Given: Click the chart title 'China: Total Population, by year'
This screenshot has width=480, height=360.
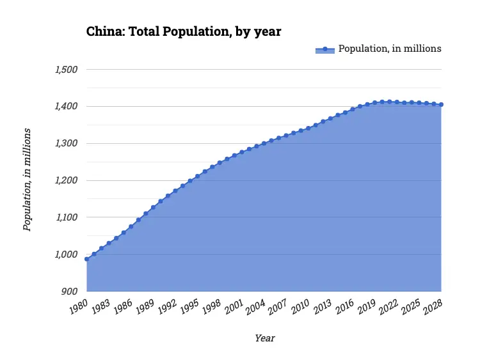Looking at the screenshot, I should pos(184,31).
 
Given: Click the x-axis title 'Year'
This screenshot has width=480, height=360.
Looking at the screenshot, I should pos(265,338).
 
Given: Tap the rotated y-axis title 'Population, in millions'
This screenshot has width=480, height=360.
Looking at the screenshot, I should pos(27,180).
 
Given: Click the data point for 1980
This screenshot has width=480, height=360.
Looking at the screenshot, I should pos(86,259).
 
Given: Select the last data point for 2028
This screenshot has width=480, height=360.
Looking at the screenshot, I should pos(442,104).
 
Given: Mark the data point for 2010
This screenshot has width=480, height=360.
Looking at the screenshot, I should pos(308,128).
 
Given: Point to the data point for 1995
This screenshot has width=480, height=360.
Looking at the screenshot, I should pos(198,176).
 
